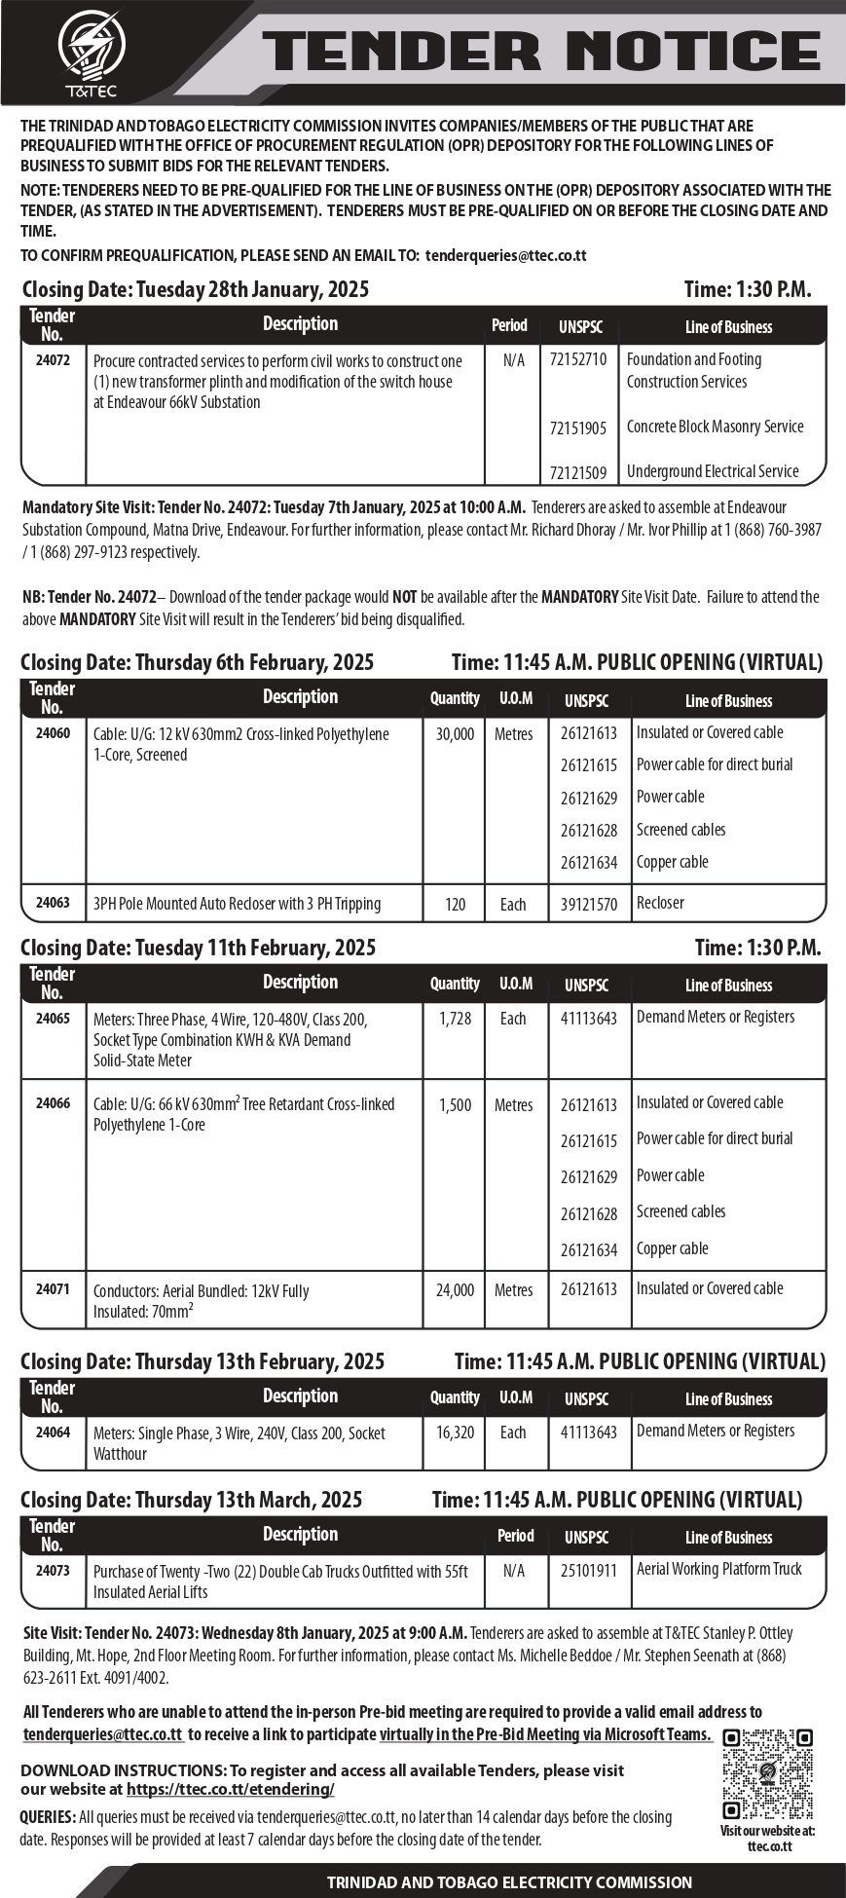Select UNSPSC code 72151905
coord(577,428)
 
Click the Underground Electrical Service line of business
coord(713,471)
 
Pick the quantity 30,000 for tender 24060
coord(455,734)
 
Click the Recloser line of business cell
coord(660,903)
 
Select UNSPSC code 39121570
coord(588,904)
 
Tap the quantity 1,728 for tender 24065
coord(455,1019)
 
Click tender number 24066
coord(53,1103)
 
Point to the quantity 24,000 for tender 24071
coord(455,1289)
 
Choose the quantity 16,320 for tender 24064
coord(455,1432)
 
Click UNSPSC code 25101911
coord(588,1570)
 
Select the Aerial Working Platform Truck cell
coord(718,1569)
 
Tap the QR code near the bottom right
coord(767,1774)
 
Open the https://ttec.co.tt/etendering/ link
coord(230,1789)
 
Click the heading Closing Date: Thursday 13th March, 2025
coord(191,1500)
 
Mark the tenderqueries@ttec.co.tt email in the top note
coord(506,256)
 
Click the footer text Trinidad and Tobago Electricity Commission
coord(509,1882)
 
